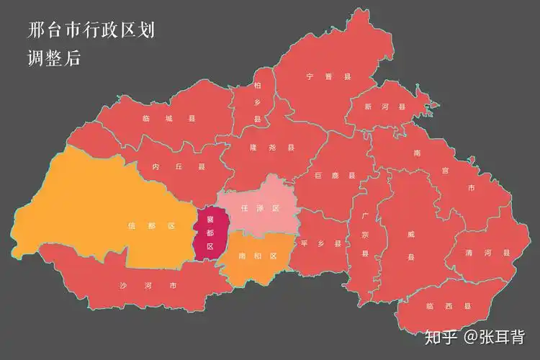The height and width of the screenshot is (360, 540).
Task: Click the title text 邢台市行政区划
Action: (90, 30)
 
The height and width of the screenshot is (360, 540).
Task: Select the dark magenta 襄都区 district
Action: (210, 231)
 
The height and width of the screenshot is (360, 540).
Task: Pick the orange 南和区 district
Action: (258, 256)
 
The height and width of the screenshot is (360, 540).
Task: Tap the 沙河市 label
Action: (148, 285)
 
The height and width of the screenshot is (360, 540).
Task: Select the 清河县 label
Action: (487, 253)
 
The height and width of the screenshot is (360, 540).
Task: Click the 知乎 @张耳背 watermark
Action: (474, 336)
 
